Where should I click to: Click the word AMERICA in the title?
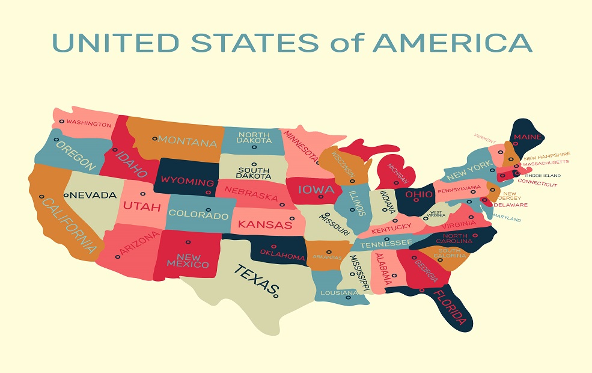pos(451,43)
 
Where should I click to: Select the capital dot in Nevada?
pos(66,195)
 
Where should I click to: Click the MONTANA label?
pos(188,143)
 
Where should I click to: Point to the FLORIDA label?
pos(449,306)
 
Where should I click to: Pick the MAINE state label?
pos(526,137)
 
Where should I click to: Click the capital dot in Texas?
pos(276,295)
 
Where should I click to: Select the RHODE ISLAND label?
pos(542,176)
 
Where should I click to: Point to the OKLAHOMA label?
pos(282,255)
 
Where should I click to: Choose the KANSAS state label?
pos(264,224)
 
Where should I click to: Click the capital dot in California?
pos(41,196)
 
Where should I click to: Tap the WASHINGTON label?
pos(88,124)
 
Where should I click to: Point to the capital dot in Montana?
pos(154,138)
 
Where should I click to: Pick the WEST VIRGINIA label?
pos(436,214)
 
